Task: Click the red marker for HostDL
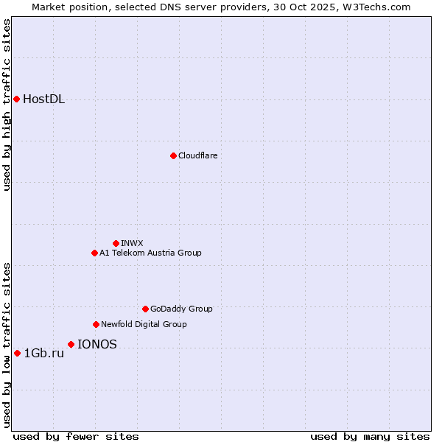click(x=16, y=99)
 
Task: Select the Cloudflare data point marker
click(x=173, y=155)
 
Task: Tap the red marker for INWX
click(x=116, y=243)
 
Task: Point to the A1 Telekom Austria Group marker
click(x=94, y=253)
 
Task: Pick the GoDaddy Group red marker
click(x=145, y=309)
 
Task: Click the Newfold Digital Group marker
click(x=96, y=324)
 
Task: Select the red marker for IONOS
click(x=71, y=344)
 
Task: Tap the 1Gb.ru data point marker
click(x=17, y=353)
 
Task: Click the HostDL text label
click(x=44, y=99)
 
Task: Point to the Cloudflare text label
click(x=197, y=155)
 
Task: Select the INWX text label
click(x=132, y=243)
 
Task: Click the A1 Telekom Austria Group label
click(x=150, y=253)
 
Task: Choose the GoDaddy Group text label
click(x=181, y=309)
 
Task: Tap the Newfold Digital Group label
click(x=144, y=324)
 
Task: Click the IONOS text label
click(x=97, y=344)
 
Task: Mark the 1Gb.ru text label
click(x=44, y=354)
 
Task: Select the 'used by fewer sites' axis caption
click(x=76, y=436)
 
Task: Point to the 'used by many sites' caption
click(x=370, y=436)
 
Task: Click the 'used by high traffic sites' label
click(x=7, y=105)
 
